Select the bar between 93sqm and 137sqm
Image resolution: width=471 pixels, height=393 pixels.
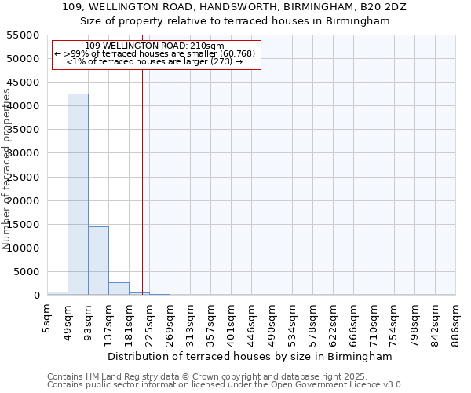pos(98,260)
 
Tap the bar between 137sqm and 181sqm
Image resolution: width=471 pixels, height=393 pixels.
pos(119,288)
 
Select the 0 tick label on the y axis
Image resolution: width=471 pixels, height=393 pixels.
pos(37,296)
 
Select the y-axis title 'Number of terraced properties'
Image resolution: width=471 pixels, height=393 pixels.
pos(8,169)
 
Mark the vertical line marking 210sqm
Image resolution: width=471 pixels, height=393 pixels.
pos(142,181)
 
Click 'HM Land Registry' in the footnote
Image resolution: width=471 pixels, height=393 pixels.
pos(115,376)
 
